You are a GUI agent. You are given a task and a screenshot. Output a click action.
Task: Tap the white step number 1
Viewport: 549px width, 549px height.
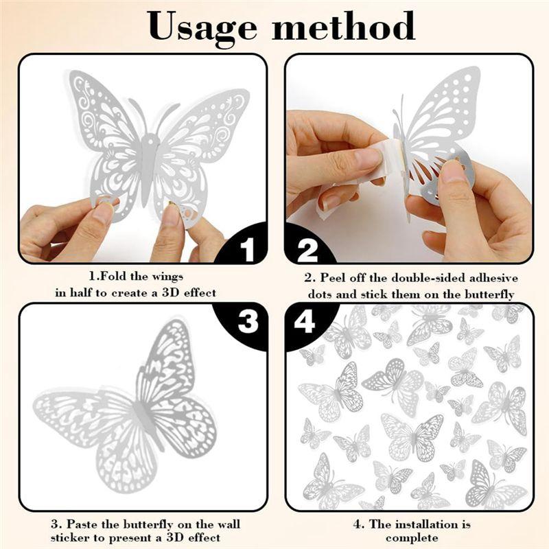tap(248, 249)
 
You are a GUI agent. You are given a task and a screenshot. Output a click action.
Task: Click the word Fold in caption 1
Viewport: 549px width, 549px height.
tap(113, 277)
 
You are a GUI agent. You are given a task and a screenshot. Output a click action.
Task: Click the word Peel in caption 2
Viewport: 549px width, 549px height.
tap(333, 278)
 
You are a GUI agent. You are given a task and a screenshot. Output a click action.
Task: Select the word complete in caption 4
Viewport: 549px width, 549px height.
tap(412, 538)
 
